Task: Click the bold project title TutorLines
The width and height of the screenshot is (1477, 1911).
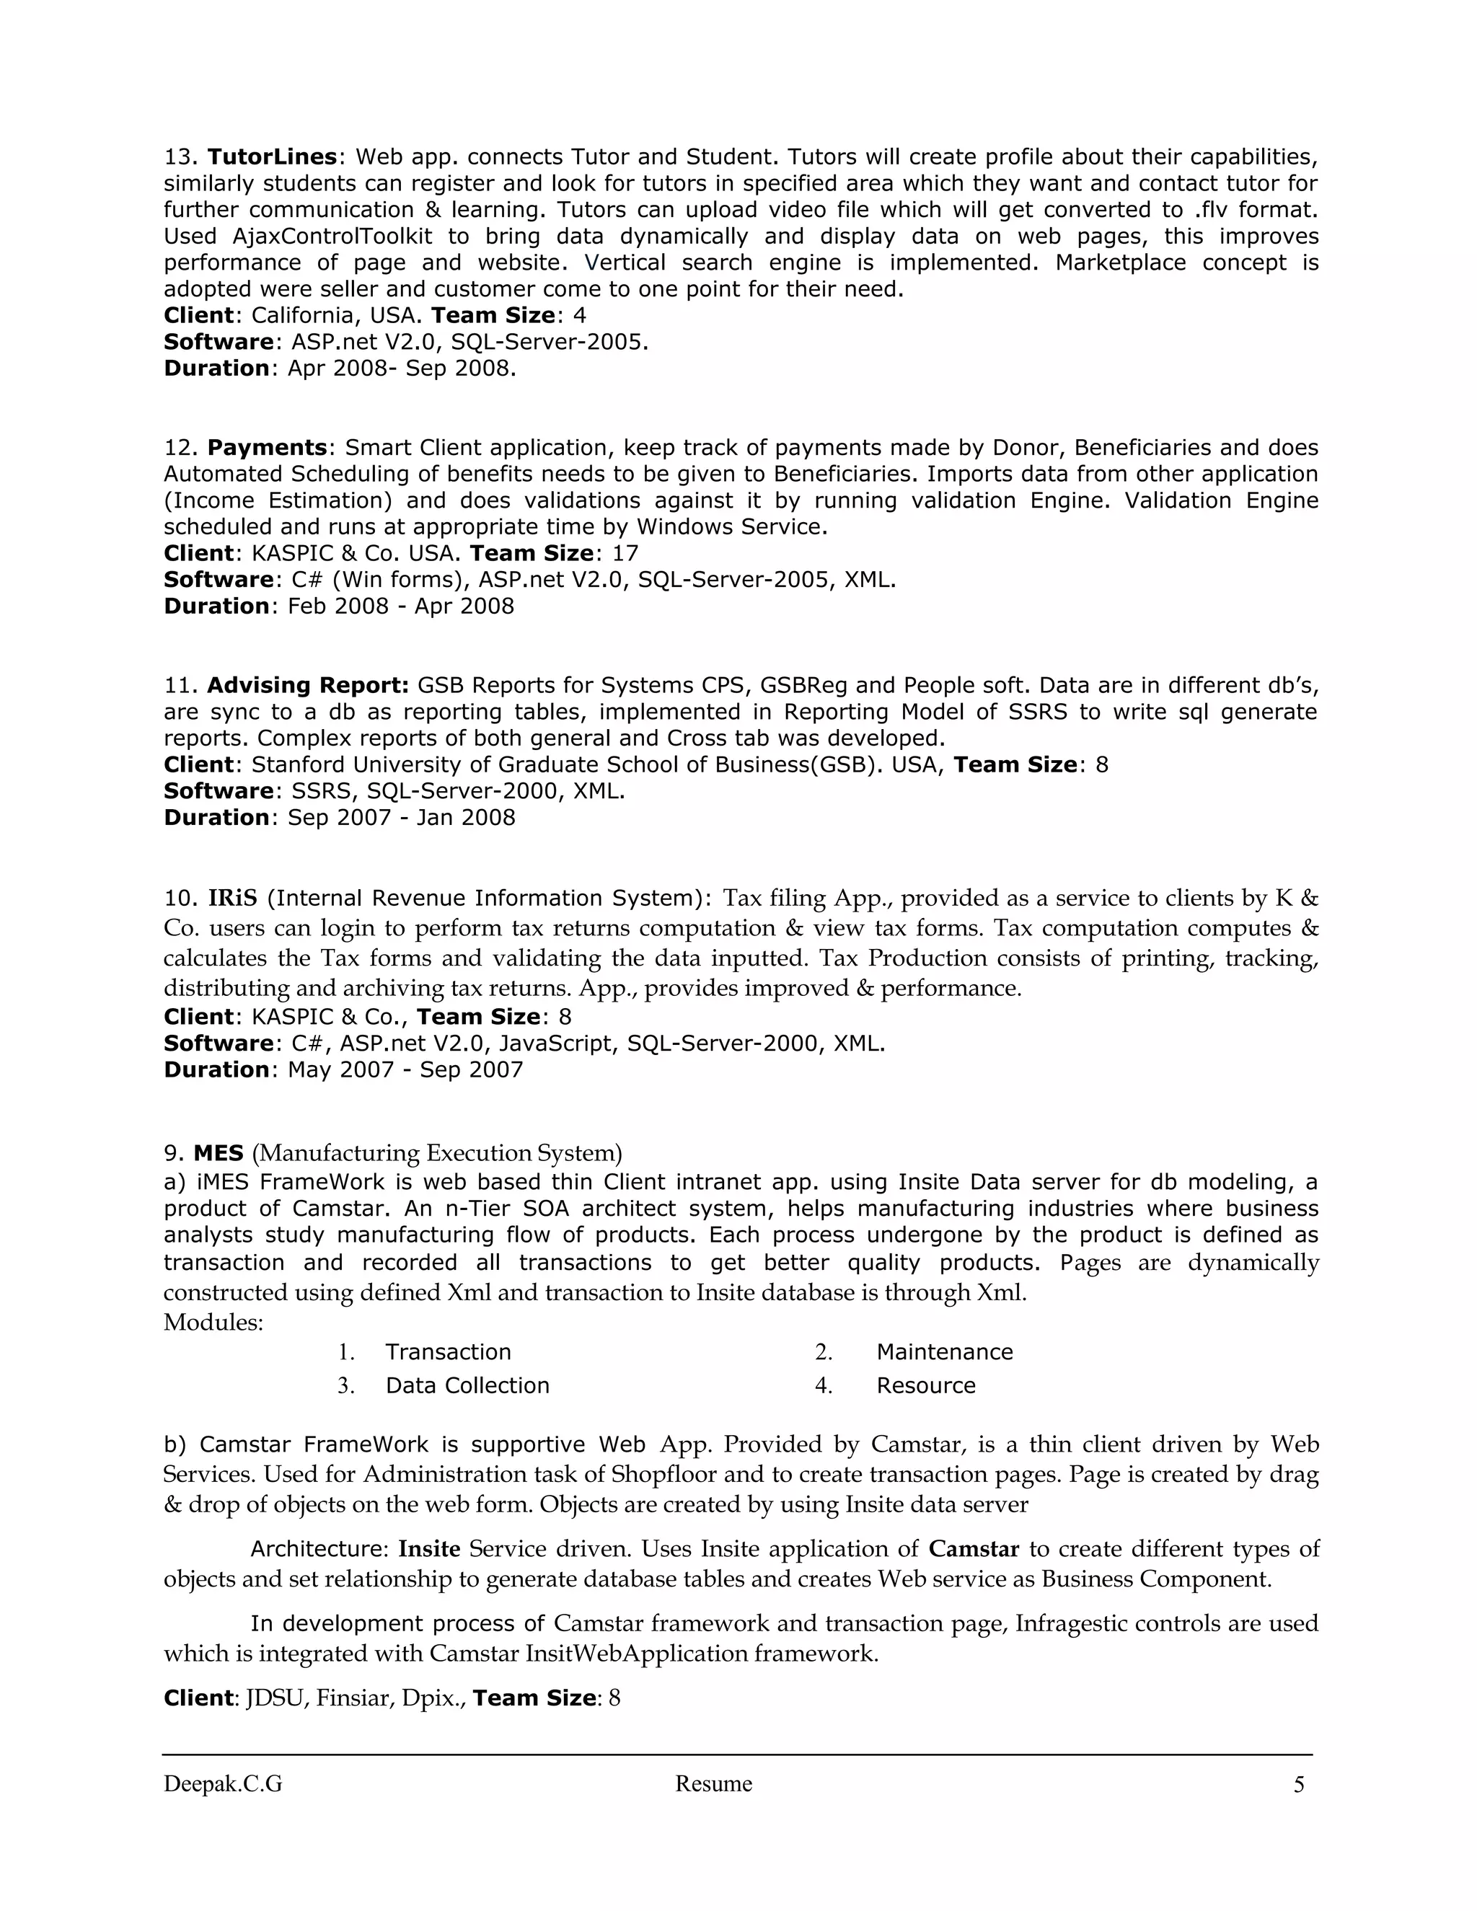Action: pyautogui.click(x=272, y=157)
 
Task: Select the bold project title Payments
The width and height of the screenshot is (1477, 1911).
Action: pyautogui.click(x=267, y=448)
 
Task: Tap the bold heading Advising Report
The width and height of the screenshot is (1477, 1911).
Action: pyautogui.click(x=307, y=685)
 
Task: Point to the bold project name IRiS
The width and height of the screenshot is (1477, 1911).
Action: pyautogui.click(x=233, y=899)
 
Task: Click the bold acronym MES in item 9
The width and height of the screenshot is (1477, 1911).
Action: pyautogui.click(x=218, y=1153)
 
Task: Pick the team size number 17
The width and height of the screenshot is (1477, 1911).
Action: pyautogui.click(x=625, y=554)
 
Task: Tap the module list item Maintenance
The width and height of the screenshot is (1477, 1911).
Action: pyautogui.click(x=944, y=1352)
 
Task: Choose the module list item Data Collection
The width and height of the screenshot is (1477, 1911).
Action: pyautogui.click(x=467, y=1386)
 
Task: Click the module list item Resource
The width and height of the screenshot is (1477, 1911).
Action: pyautogui.click(x=926, y=1386)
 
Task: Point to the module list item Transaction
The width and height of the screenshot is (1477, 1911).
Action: pyautogui.click(x=448, y=1352)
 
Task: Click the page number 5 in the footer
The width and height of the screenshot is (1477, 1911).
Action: pyautogui.click(x=1298, y=1785)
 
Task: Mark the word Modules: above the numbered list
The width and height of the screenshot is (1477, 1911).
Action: pyautogui.click(x=213, y=1322)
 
